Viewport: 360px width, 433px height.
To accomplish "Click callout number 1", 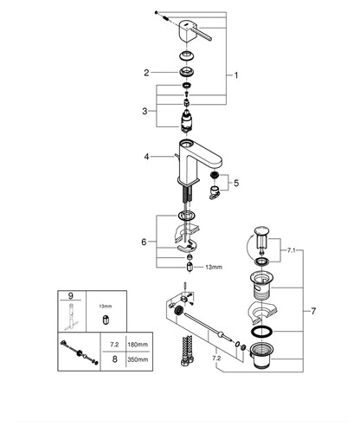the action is click(x=236, y=75).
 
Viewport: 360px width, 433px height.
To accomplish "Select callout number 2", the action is click(x=146, y=73).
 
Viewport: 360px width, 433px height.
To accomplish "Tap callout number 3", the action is click(x=145, y=111).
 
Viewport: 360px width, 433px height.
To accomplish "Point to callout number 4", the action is click(x=147, y=157).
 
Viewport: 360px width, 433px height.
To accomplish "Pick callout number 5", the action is click(x=236, y=183).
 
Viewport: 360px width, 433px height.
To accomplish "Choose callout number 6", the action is click(x=144, y=242).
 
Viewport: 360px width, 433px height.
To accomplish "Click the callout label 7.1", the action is click(x=292, y=250).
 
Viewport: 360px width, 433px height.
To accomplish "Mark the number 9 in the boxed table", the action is click(x=71, y=295).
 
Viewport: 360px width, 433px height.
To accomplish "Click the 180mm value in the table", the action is click(x=138, y=345).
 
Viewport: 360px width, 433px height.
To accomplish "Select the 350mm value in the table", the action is click(x=138, y=359).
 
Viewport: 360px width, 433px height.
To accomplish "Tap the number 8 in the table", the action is click(x=115, y=359).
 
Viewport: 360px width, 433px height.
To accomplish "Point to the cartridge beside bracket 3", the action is click(x=186, y=121).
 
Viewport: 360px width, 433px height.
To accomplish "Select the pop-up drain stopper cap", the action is click(x=261, y=230).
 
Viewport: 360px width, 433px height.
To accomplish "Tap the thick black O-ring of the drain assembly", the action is click(x=262, y=332).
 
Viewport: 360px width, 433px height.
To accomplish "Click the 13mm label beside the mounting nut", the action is click(x=214, y=268).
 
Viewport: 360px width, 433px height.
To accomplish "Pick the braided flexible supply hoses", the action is click(x=187, y=351).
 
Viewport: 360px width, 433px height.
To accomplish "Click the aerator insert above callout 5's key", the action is click(x=214, y=175).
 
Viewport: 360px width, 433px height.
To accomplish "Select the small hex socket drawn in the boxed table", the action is click(x=106, y=320).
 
